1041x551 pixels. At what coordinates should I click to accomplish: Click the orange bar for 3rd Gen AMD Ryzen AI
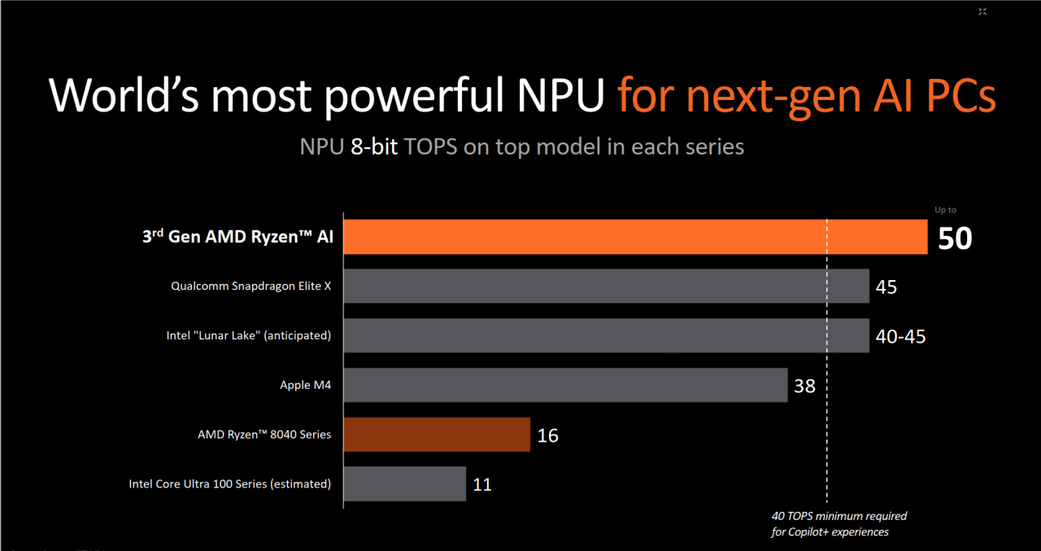point(634,237)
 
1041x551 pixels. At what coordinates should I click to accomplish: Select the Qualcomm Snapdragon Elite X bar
point(606,286)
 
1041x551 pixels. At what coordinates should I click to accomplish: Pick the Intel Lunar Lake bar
point(606,335)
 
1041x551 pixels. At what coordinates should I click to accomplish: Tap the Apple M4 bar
point(565,385)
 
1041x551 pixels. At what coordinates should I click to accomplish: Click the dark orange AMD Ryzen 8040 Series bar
point(437,435)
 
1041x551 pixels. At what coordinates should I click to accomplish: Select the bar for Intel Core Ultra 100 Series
point(404,483)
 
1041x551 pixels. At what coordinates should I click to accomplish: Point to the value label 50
point(955,238)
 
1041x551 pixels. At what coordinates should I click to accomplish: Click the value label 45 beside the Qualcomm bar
point(886,286)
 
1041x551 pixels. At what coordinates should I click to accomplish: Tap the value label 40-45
point(900,336)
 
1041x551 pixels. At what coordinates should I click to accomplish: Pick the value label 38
point(804,386)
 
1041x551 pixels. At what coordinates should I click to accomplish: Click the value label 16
point(547,435)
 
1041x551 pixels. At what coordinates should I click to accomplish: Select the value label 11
point(482,484)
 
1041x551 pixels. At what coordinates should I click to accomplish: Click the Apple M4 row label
point(306,385)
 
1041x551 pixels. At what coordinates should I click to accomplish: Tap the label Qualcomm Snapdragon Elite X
point(251,286)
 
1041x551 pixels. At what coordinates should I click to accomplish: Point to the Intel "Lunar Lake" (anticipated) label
point(249,335)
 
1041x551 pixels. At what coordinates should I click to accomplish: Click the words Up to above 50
point(945,210)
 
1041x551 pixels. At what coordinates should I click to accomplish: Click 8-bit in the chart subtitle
point(374,147)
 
